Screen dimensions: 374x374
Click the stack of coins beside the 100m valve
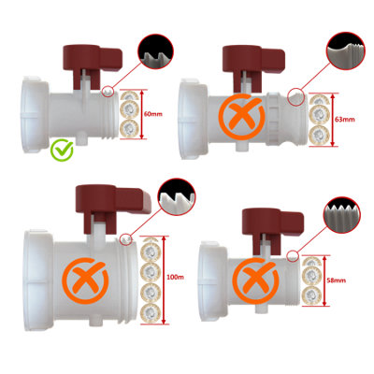[x=148, y=277]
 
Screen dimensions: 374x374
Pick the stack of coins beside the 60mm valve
[x=127, y=111]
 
